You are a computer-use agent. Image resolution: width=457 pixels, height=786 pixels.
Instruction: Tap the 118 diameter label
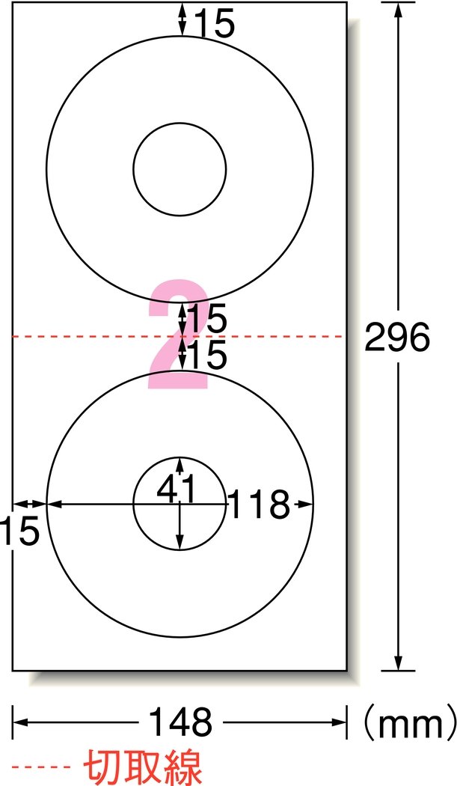pyautogui.click(x=260, y=505)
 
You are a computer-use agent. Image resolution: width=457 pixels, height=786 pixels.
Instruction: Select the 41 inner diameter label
pyautogui.click(x=175, y=490)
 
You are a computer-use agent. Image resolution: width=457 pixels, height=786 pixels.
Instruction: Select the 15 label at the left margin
pyautogui.click(x=19, y=531)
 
